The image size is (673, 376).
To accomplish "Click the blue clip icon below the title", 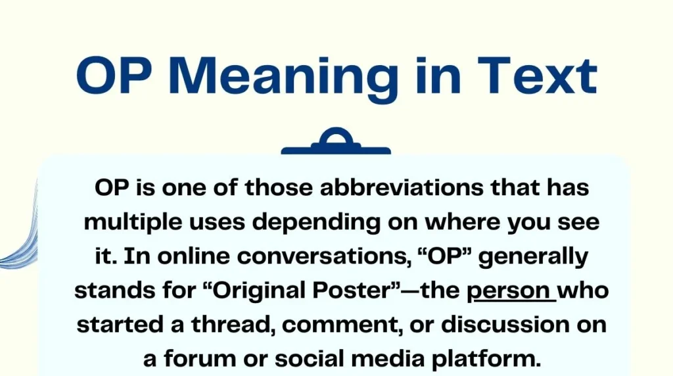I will [x=336, y=144].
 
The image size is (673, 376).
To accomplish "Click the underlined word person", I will [x=511, y=291].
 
